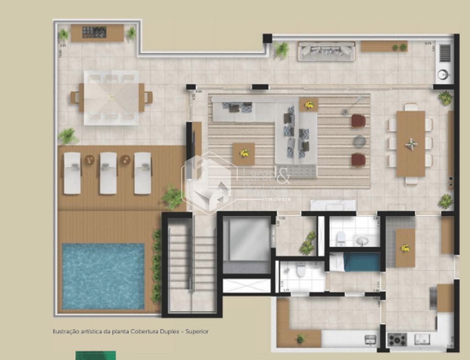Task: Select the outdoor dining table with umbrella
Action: [x=111, y=97]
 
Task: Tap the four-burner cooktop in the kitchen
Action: [x=397, y=339]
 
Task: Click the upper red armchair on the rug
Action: [x=358, y=121]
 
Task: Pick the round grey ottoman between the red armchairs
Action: [x=359, y=140]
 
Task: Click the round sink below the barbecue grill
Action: [x=443, y=74]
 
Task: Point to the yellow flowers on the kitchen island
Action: [x=405, y=248]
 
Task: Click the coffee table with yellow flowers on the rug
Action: [x=244, y=153]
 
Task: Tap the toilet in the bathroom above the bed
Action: [x=341, y=238]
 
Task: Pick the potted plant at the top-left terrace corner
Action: [x=63, y=34]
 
